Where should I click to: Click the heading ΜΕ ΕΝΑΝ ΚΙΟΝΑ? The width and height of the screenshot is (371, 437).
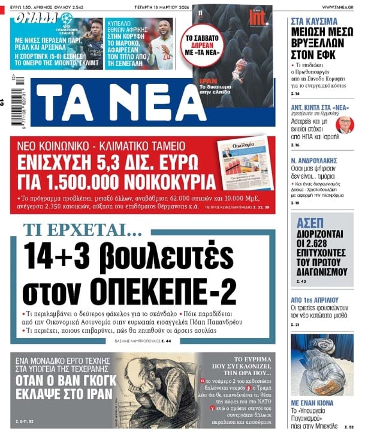click(316, 403)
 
